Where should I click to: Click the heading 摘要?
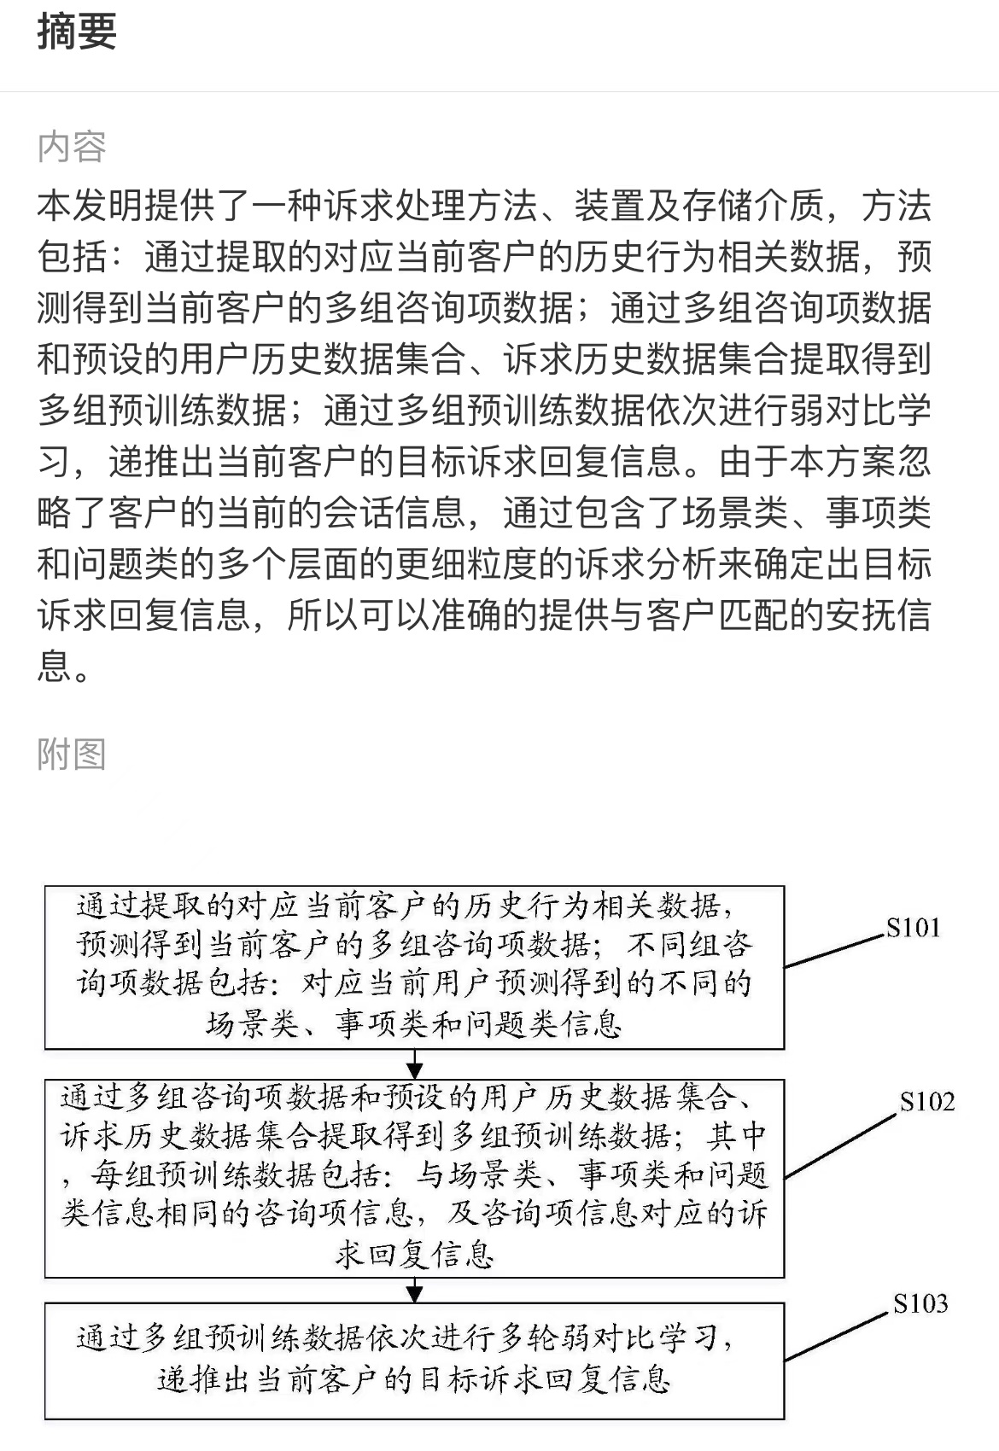pos(77,31)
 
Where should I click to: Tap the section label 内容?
pos(72,147)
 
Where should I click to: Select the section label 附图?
pos(72,754)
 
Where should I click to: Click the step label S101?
pos(913,929)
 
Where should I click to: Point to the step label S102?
pos(927,1102)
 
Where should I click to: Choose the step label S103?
pos(920,1303)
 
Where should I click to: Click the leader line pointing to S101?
pos(834,951)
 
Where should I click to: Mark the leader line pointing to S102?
pos(841,1145)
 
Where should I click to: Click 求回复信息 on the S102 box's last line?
pos(415,1255)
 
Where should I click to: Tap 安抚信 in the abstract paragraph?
pos(878,614)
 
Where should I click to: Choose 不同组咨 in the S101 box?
pos(689,945)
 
